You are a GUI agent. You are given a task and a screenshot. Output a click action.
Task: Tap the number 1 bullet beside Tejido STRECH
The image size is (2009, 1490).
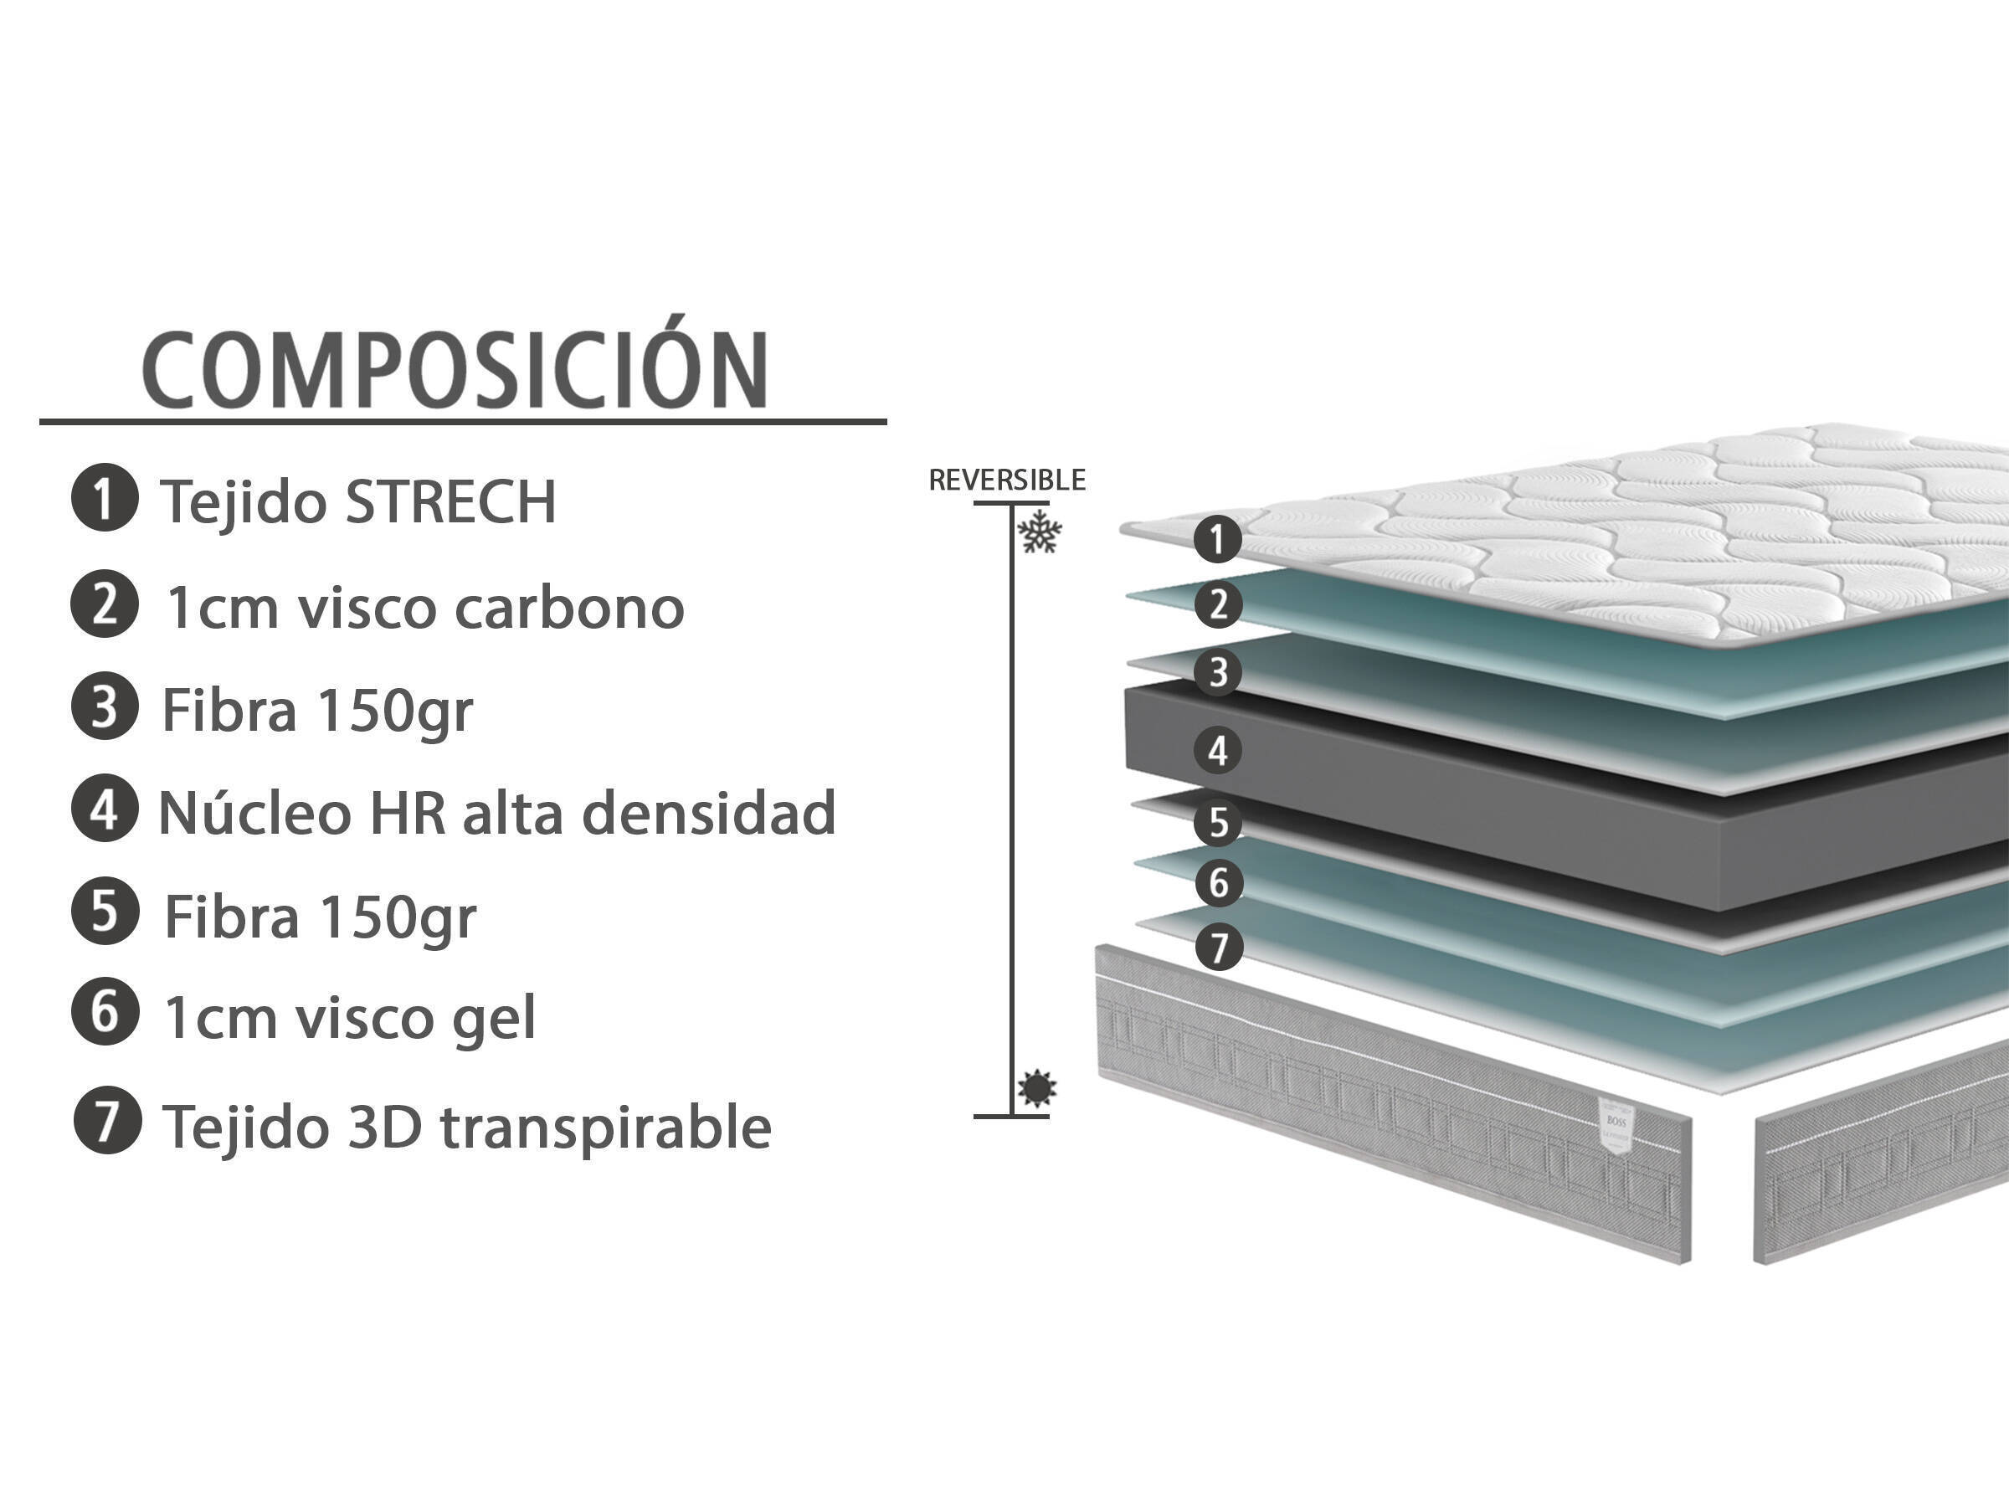(105, 497)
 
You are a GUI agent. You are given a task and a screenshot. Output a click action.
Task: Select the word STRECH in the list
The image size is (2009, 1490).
(451, 501)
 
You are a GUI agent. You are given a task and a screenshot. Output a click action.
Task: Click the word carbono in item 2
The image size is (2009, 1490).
(570, 607)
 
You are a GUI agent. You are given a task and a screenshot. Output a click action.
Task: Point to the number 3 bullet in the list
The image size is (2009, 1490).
(105, 706)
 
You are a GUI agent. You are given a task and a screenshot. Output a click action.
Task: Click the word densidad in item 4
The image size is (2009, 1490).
(709, 813)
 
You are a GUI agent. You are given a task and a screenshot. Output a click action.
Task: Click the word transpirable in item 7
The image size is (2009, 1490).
(606, 1128)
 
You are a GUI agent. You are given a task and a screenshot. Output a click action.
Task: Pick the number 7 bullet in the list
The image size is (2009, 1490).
(107, 1119)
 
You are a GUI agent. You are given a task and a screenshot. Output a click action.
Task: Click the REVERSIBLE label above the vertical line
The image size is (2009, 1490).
(1007, 480)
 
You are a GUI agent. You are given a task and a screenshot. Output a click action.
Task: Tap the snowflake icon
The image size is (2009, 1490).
(1040, 532)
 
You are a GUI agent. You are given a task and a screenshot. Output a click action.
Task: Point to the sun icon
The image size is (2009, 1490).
(1037, 1089)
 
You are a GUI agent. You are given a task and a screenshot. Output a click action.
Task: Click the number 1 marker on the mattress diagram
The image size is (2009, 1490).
(1217, 538)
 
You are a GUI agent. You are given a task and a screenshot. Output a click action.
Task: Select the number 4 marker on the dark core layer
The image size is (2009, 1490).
(1218, 749)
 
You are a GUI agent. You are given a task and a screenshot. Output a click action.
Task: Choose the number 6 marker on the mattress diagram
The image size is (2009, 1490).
(1219, 882)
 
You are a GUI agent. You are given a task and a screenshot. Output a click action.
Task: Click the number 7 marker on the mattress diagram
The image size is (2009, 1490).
(1219, 948)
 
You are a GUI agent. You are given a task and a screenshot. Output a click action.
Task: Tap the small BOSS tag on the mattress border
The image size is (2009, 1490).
(1615, 1125)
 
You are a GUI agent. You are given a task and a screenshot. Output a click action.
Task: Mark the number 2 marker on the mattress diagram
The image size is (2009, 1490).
(1218, 604)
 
